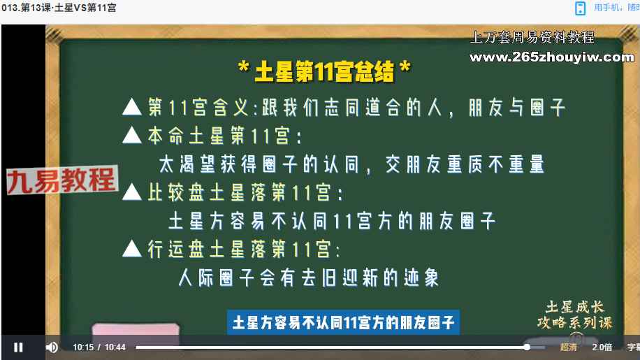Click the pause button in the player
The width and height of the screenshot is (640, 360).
coord(18,347)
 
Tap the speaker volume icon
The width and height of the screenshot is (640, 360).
coord(52,347)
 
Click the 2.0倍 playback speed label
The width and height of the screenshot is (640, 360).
coord(602,347)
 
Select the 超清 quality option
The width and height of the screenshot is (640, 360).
coord(568,347)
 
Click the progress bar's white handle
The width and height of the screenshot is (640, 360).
coord(527,347)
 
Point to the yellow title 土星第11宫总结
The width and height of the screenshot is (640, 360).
coord(324,71)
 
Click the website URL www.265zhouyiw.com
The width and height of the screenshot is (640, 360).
coord(552,57)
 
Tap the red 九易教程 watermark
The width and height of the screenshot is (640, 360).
coord(61,180)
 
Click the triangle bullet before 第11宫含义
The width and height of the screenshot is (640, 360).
coord(132,107)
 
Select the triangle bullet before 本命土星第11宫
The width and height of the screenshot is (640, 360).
coord(132,135)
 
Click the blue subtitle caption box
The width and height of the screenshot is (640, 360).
coord(343,323)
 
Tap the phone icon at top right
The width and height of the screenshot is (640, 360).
coord(580,8)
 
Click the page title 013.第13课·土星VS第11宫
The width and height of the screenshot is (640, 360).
coord(59,8)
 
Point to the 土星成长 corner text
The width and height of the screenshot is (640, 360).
coord(575,307)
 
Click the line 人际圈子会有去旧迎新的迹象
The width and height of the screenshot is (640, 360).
coord(309,278)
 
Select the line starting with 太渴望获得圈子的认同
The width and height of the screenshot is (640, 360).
coord(351,164)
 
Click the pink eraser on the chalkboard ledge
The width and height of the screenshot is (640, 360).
coord(136,330)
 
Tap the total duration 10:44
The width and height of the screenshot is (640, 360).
coord(115,347)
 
